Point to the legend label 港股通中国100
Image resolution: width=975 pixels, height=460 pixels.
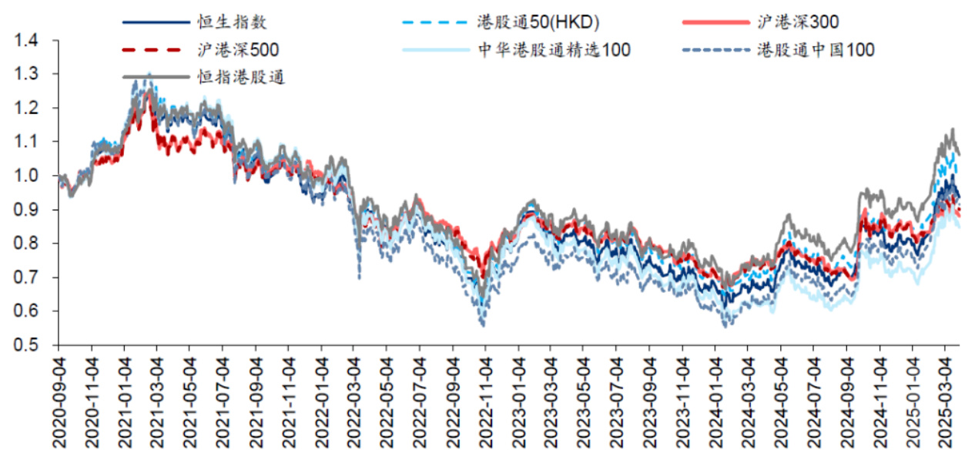pyautogui.click(x=816, y=50)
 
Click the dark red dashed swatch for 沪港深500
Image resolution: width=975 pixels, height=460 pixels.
pyautogui.click(x=155, y=50)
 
